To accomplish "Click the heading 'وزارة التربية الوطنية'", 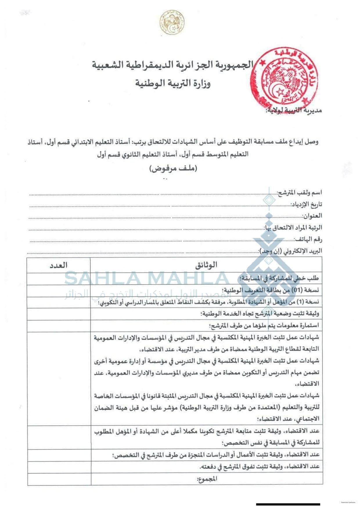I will [173, 84].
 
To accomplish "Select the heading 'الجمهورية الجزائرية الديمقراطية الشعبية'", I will [173, 64].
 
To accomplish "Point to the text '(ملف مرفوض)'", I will [173, 168].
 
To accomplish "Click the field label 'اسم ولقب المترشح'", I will [299, 193].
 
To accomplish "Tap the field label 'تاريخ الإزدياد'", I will [306, 204].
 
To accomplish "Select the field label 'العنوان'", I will [312, 216].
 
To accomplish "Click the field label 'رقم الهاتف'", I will [308, 239].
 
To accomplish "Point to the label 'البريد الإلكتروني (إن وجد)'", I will [291, 251].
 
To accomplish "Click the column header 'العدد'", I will [58, 265].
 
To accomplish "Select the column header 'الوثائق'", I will [206, 265].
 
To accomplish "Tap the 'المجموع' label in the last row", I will [207, 479].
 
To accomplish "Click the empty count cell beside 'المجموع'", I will [59, 479].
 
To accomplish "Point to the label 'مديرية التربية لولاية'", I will [294, 110].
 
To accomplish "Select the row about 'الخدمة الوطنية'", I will [260, 314].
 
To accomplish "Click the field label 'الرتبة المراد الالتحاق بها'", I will [293, 227].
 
